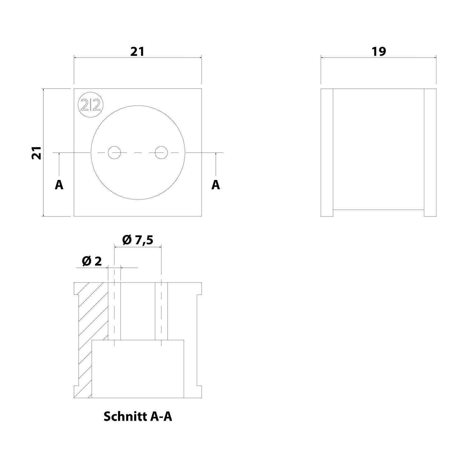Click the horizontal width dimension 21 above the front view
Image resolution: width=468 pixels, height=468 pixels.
click(x=137, y=51)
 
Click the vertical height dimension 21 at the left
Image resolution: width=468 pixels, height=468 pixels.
click(x=37, y=153)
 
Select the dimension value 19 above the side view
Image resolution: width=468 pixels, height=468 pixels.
click(x=379, y=51)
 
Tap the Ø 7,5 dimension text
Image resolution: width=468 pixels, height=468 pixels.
click(x=138, y=240)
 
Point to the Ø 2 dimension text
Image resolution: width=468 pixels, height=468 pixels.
click(x=92, y=261)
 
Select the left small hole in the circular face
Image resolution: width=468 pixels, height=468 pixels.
click(x=114, y=153)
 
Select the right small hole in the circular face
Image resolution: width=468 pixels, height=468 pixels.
click(x=161, y=153)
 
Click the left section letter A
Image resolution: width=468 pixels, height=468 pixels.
click(x=59, y=185)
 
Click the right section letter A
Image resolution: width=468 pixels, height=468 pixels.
click(x=216, y=185)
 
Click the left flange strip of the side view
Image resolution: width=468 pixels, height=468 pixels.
click(x=327, y=153)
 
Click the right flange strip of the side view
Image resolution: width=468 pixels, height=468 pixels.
click(x=430, y=153)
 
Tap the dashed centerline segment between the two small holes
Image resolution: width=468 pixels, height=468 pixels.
click(x=138, y=153)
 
